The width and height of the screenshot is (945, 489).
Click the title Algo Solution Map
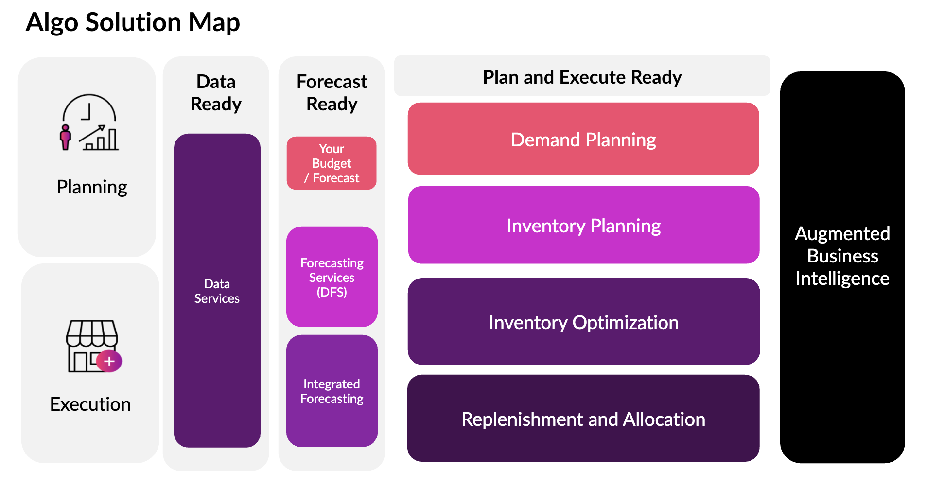click(x=132, y=22)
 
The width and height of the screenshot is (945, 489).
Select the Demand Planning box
click(x=583, y=139)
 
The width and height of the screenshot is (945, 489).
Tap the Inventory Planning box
click(x=583, y=226)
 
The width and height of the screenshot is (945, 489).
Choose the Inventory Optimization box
click(x=583, y=322)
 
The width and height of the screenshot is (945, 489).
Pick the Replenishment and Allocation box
click(x=583, y=419)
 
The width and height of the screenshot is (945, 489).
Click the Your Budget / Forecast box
click(x=332, y=163)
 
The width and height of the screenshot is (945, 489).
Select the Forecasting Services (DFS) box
click(x=332, y=277)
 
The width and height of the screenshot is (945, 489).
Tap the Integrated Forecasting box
click(x=332, y=391)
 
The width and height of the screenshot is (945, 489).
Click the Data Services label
click(x=217, y=291)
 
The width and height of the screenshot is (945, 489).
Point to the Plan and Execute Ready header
click(x=582, y=77)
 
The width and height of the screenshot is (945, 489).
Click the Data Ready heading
click(x=216, y=92)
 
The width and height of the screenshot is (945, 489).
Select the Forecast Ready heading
click(x=332, y=92)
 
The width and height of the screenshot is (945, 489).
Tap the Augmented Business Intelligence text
click(x=842, y=256)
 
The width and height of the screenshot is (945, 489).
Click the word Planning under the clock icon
click(x=92, y=187)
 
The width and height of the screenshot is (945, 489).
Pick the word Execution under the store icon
click(x=90, y=404)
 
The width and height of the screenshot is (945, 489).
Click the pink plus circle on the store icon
click(x=109, y=361)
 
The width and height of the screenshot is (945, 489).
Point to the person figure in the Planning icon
click(x=65, y=137)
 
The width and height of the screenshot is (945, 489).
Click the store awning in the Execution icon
click(x=92, y=332)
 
